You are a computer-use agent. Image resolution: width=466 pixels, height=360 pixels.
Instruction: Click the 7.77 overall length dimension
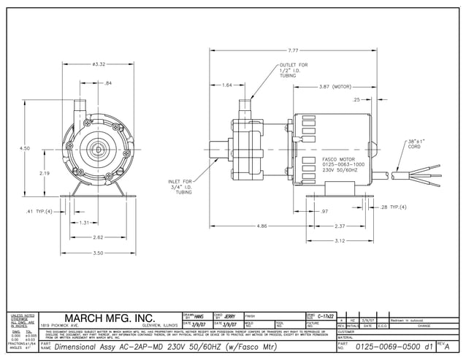(x=293, y=50)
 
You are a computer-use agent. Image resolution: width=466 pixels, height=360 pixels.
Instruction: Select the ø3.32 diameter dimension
(x=100, y=64)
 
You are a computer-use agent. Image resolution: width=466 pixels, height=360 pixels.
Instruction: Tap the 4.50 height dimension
(x=25, y=148)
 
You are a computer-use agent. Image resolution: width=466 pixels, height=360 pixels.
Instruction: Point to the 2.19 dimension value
(x=45, y=173)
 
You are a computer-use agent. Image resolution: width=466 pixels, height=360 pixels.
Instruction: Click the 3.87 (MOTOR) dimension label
(x=335, y=86)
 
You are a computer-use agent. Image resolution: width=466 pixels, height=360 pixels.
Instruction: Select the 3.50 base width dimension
(x=97, y=253)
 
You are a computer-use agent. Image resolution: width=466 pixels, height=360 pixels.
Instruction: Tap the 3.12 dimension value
(x=340, y=240)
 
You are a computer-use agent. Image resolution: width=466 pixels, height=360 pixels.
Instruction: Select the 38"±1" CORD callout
(x=417, y=143)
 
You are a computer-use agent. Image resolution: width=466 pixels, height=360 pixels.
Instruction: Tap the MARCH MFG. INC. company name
(x=111, y=318)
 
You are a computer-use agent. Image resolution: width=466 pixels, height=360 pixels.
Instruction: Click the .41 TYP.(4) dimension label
(x=39, y=211)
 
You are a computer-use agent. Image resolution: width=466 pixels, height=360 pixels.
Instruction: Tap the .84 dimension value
(x=108, y=83)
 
